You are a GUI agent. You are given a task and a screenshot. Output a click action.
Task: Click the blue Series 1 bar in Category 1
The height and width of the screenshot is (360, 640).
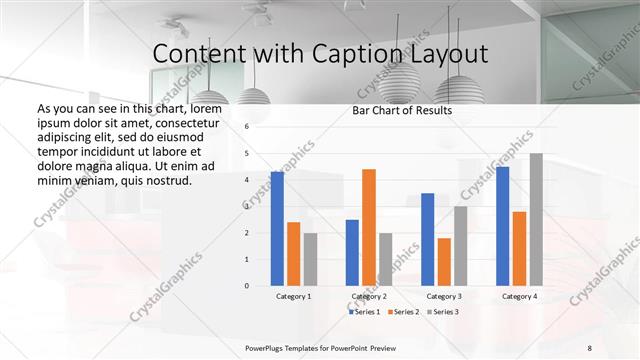coord(277,229)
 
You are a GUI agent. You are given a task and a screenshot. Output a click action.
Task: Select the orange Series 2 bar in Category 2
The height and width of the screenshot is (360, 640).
coord(369,227)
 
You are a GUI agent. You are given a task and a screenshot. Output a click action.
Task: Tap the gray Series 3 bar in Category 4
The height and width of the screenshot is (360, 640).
coord(536,219)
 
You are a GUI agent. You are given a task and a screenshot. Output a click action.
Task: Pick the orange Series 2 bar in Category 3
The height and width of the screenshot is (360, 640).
coord(444,262)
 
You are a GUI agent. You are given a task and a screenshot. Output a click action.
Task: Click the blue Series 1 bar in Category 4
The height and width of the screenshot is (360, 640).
coord(503,226)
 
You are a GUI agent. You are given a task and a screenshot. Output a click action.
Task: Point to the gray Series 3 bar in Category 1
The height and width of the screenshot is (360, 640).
coord(310,259)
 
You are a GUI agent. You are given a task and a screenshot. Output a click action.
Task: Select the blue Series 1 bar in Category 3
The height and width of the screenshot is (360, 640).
coord(428,239)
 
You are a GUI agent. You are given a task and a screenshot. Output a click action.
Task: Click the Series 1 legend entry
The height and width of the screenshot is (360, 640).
coord(365,312)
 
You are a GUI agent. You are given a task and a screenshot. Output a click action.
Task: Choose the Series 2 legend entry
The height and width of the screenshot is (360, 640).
coord(403,312)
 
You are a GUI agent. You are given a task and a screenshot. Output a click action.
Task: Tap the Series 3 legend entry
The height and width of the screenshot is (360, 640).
coord(441,312)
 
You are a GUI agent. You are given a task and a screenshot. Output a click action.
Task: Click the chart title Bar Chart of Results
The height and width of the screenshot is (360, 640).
coord(402,110)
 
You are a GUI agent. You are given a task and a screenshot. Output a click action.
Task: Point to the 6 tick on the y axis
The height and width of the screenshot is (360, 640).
coord(246,127)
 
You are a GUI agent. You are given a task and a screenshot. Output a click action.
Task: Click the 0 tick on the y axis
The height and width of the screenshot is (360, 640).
coord(246,286)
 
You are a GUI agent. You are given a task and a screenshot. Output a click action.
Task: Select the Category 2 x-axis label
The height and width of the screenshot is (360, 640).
coord(369,297)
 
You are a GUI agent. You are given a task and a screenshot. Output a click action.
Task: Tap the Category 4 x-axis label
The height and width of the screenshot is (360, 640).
coord(518,297)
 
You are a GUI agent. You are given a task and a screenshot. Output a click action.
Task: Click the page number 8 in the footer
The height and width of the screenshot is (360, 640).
coord(589,347)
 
